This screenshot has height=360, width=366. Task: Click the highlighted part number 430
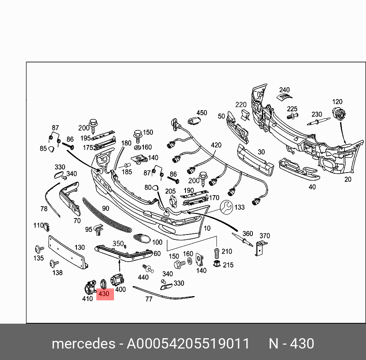point(104,294)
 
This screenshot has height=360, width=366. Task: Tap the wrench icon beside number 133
point(226,207)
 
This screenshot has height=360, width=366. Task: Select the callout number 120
point(337,102)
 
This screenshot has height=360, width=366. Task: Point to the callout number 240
point(284,90)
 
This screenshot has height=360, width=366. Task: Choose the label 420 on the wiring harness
point(216,145)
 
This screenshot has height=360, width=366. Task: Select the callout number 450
point(202,113)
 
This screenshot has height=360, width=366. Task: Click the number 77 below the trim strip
point(149,299)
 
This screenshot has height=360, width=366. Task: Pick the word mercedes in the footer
point(83,344)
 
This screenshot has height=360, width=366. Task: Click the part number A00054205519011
point(188,344)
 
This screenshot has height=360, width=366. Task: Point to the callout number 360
point(248,233)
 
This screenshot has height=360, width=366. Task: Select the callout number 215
point(228,265)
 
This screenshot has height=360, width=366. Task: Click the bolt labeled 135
point(39,249)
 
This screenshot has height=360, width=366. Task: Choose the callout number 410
point(88,298)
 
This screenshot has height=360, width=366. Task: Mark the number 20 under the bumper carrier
point(348,179)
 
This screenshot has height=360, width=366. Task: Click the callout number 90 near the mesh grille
point(106,208)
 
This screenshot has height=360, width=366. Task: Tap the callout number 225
point(292,109)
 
